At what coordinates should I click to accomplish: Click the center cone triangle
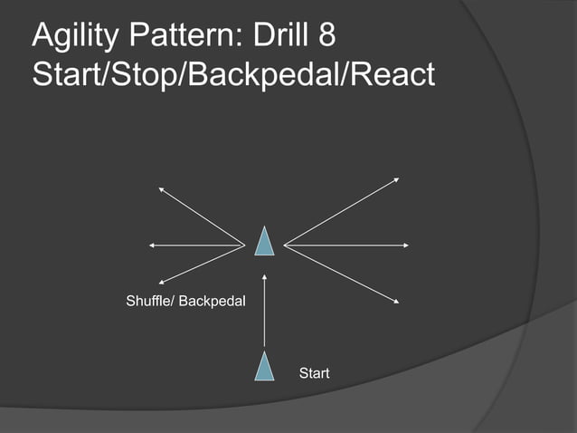point(264,242)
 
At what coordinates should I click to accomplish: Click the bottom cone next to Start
point(264,367)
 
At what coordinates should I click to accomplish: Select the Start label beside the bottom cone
point(314,372)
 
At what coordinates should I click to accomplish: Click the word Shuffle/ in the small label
point(149,300)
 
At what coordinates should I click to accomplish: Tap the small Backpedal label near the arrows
point(212,300)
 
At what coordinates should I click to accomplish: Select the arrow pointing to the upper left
point(202,216)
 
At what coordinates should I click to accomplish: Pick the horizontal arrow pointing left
point(197,245)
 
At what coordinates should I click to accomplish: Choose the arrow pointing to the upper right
point(342,211)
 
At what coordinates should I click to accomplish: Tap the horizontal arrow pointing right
point(347,245)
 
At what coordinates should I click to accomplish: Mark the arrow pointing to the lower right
point(342,273)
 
